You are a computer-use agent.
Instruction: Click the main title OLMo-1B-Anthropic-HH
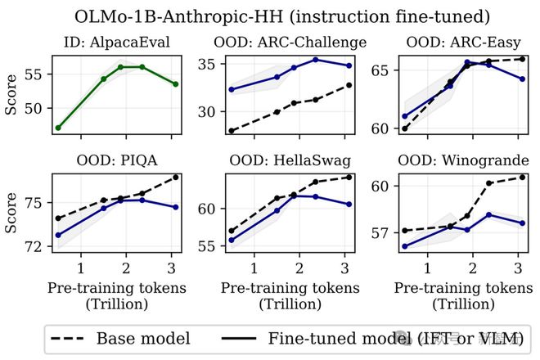tap(270, 16)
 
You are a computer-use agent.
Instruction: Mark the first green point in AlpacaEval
tap(58, 128)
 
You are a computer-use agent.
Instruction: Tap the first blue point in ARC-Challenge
tap(232, 89)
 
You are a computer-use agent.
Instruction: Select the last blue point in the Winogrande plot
tap(522, 223)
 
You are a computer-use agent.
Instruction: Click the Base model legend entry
tap(120, 337)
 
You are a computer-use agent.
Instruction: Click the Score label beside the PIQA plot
tap(11, 210)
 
